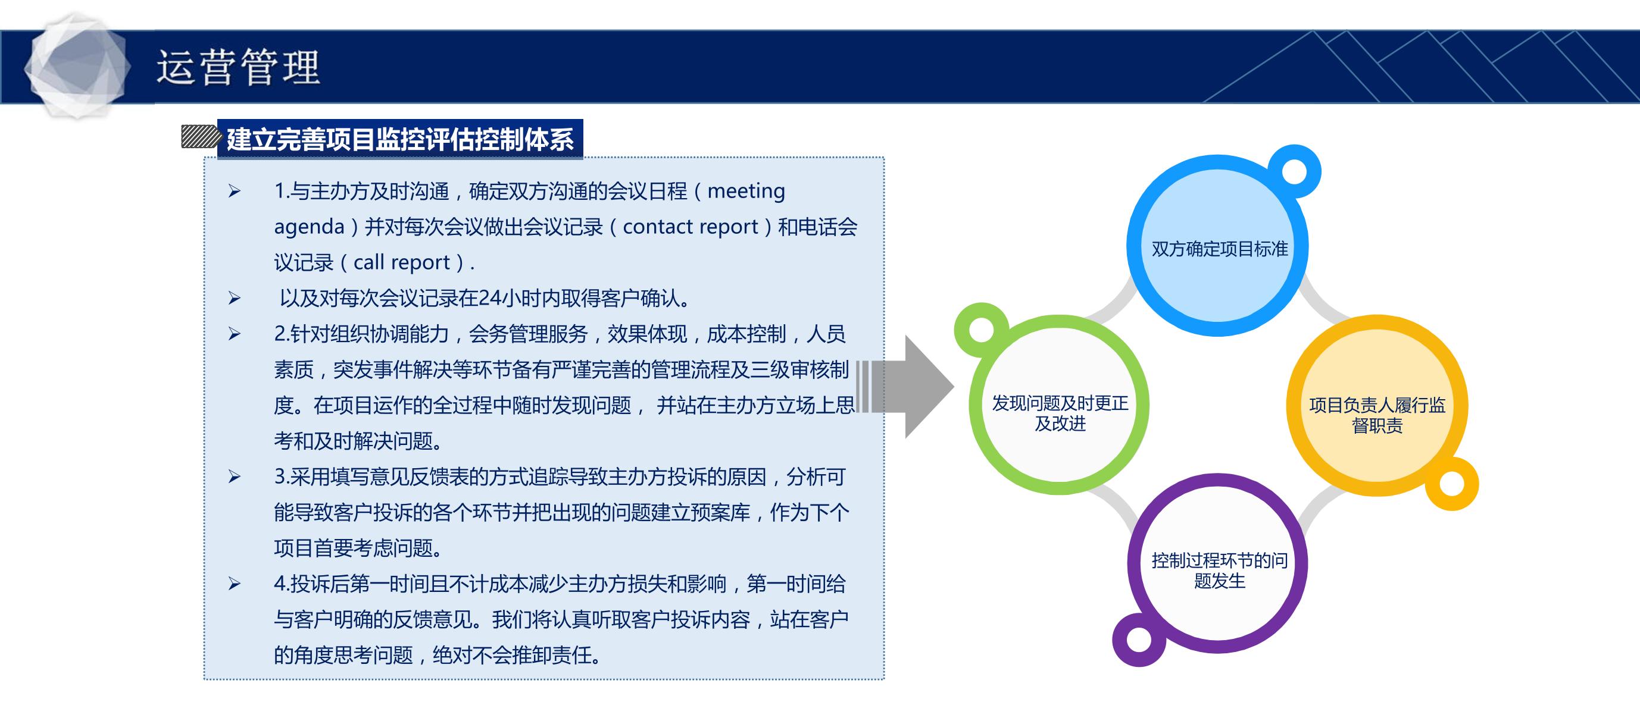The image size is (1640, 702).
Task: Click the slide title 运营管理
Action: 238,67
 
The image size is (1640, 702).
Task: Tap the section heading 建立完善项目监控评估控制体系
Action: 400,139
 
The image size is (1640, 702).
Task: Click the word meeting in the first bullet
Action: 746,190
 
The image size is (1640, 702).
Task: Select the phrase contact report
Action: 690,227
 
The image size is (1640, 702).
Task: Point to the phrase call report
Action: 402,262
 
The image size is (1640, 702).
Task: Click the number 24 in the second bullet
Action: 491,298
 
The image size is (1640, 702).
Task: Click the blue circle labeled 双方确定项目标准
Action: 1217,246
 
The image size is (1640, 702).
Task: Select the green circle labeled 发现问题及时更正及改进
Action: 1059,405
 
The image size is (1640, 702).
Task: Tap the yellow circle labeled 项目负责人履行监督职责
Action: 1377,405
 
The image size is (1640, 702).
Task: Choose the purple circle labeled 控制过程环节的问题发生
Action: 1217,563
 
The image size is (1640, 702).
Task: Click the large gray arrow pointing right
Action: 905,386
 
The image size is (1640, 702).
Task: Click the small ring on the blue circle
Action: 1294,171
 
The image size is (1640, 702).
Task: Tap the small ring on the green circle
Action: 981,330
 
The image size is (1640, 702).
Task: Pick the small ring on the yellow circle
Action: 1451,484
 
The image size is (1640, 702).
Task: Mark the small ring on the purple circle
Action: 1139,640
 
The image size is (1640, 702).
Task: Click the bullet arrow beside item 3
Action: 235,477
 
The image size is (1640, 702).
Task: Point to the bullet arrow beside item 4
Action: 235,584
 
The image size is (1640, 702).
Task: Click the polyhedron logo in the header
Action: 76,66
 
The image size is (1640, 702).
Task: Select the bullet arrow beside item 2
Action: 235,334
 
